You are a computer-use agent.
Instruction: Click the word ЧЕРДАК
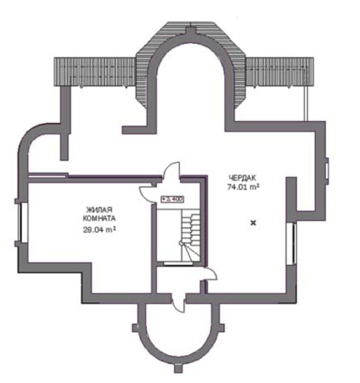(x=242, y=178)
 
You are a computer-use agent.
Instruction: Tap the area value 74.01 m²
(x=243, y=187)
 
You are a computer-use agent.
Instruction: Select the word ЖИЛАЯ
(x=99, y=209)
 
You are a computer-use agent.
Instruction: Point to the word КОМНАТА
(x=99, y=218)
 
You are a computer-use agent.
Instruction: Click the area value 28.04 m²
(x=99, y=230)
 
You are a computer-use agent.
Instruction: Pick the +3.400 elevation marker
(x=172, y=199)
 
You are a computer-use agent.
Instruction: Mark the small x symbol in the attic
(x=253, y=222)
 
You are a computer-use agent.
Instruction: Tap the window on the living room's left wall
(x=24, y=222)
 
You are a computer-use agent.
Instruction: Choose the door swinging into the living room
(x=148, y=193)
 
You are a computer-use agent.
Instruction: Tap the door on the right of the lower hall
(x=208, y=274)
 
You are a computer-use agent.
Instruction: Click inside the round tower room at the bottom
(x=178, y=330)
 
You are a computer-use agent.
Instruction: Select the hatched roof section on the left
(x=94, y=71)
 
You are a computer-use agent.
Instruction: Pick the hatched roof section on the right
(x=279, y=71)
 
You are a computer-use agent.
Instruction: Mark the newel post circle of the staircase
(x=181, y=243)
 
